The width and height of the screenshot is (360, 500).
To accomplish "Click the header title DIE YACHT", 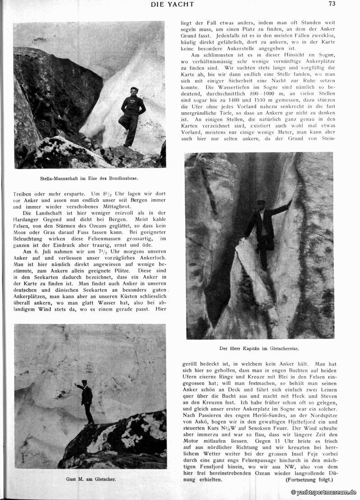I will pyautogui.click(x=172, y=4).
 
